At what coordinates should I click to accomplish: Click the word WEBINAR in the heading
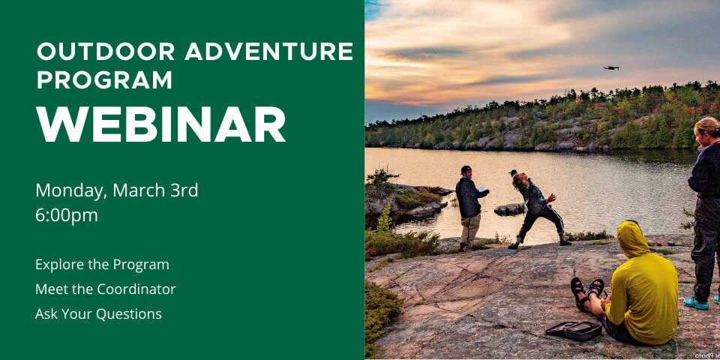click(x=161, y=124)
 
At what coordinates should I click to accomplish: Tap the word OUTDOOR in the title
click(x=106, y=52)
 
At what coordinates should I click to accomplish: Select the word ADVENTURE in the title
click(x=269, y=52)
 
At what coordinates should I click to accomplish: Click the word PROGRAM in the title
click(x=104, y=79)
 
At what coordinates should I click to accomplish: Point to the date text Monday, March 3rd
click(x=117, y=190)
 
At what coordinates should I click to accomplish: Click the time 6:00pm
click(x=67, y=215)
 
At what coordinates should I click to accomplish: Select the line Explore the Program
click(x=102, y=265)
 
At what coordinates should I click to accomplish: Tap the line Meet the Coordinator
click(x=105, y=289)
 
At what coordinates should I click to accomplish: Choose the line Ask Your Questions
click(x=98, y=314)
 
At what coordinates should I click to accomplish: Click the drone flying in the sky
click(x=611, y=68)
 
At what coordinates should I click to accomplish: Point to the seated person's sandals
click(x=586, y=292)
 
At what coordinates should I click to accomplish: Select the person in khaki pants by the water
click(x=469, y=207)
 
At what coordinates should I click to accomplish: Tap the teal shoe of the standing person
click(x=695, y=303)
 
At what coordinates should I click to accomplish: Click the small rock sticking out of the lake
click(x=510, y=208)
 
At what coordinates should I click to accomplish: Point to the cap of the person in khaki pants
click(x=466, y=169)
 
